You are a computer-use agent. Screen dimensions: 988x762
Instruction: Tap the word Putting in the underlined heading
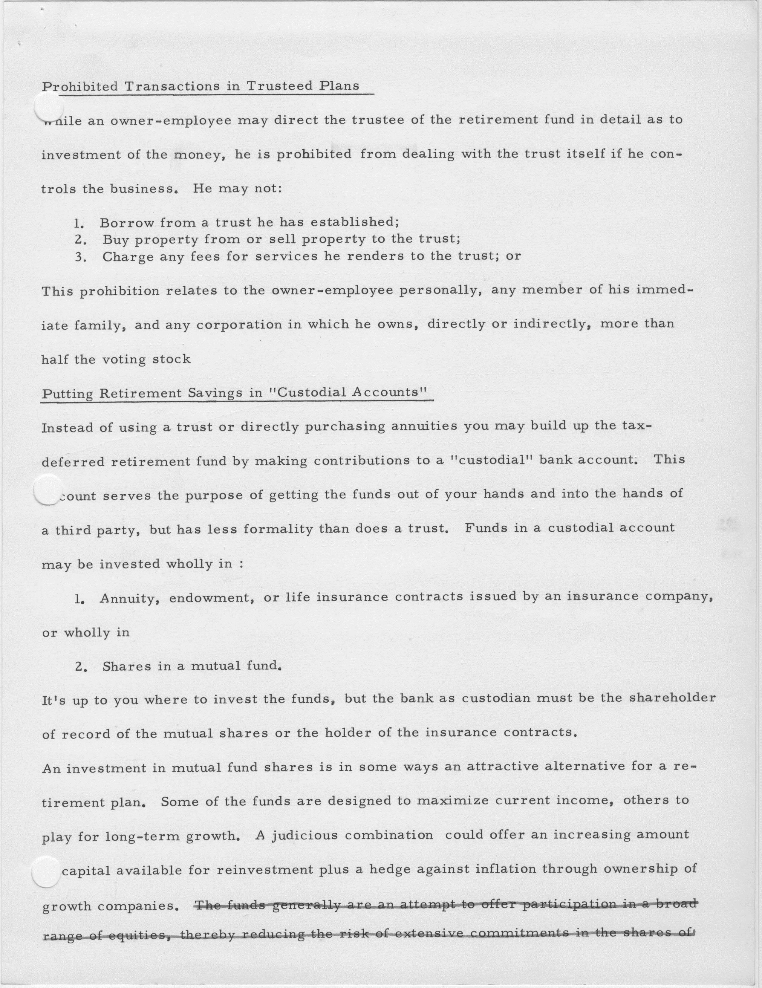click(x=67, y=394)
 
